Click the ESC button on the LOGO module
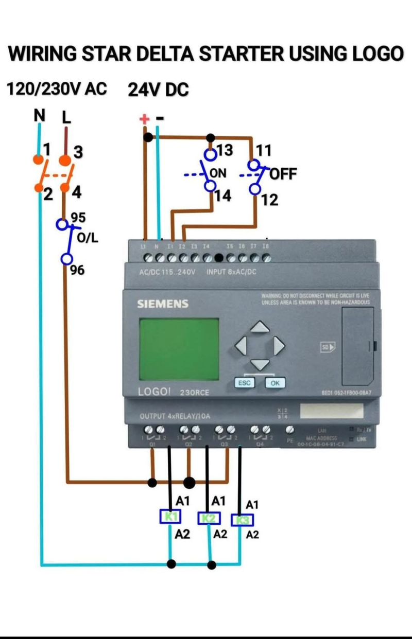pos(244,383)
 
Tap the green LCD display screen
pos(179,349)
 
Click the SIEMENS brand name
pos(163,304)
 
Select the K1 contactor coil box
pos(170,517)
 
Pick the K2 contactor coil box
pos(209,518)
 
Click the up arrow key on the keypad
pos(260,327)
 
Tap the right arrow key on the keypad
pos(279,345)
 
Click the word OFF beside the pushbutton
pos(283,174)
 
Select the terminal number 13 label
pos(224,150)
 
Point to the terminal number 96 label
pos(77,269)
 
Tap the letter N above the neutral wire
pos(39,116)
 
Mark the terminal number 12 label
pos(269,200)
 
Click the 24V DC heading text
pos(158,91)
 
